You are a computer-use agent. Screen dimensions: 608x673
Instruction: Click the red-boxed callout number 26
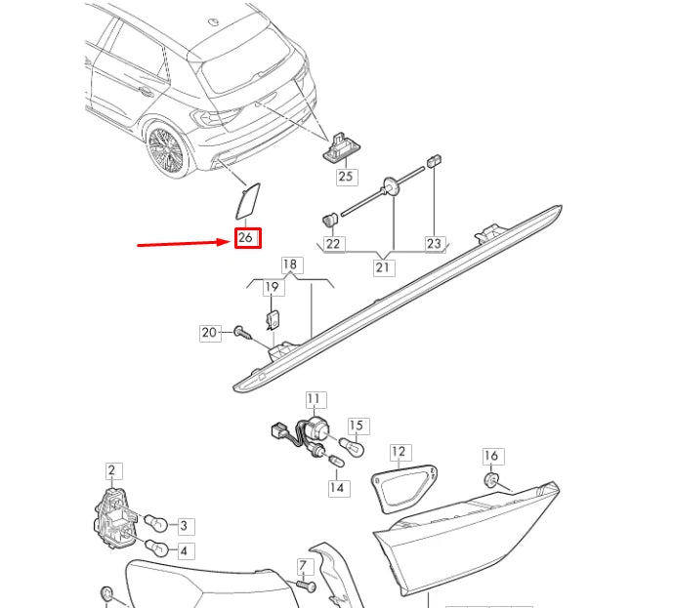coord(247,238)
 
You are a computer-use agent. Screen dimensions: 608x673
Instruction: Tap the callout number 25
coord(346,177)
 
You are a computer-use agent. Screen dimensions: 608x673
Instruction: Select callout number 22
coord(333,243)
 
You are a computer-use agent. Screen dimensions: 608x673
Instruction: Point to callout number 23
coord(434,243)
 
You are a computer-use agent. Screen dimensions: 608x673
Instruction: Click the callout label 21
coord(383,267)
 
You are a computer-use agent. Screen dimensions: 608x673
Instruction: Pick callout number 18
coord(290,264)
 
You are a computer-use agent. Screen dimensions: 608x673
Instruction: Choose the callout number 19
coord(273,287)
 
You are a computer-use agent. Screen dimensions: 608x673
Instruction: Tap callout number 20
coord(210,333)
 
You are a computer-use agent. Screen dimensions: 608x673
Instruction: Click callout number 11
coord(314,398)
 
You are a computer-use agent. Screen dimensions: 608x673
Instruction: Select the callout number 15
coord(357,426)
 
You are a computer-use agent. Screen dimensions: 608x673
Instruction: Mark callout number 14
coord(336,487)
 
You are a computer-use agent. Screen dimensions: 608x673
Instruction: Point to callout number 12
coord(399,452)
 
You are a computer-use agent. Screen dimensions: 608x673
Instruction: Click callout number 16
coord(491,456)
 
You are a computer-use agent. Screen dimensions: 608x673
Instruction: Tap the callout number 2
coord(111,471)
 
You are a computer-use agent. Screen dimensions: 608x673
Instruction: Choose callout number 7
coord(303,566)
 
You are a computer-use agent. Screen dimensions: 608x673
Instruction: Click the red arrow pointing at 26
coord(182,242)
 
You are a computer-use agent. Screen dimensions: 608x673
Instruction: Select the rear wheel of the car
coord(167,150)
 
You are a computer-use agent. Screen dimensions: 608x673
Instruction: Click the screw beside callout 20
coord(241,334)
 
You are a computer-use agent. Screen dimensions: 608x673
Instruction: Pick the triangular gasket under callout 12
coord(401,489)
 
